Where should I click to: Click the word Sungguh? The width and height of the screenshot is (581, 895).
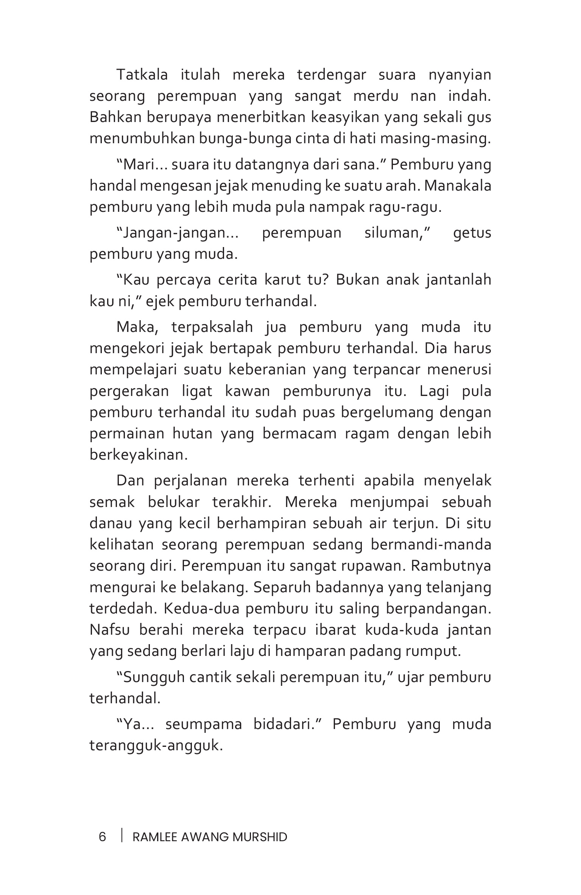coord(151,677)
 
